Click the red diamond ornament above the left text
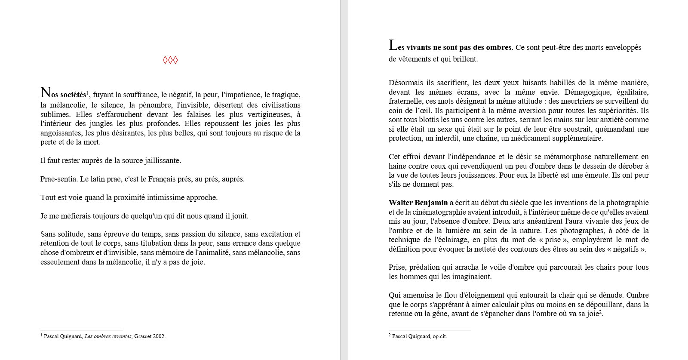click(170, 60)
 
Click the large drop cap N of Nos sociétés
click(45, 93)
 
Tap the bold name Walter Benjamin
click(418, 203)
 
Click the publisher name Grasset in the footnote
click(143, 336)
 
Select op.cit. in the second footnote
click(440, 336)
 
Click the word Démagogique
click(577, 92)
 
